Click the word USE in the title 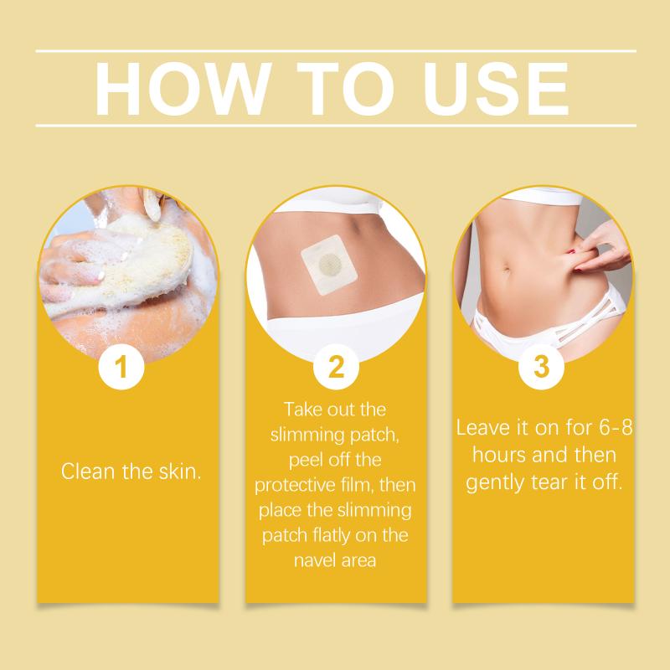point(496,89)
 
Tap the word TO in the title point(345,89)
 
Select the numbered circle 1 point(121,367)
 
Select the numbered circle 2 point(337,367)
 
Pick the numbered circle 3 point(541,367)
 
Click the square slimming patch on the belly point(328,265)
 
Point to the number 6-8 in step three point(616,427)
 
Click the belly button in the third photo point(507,271)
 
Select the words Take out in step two point(318,410)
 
